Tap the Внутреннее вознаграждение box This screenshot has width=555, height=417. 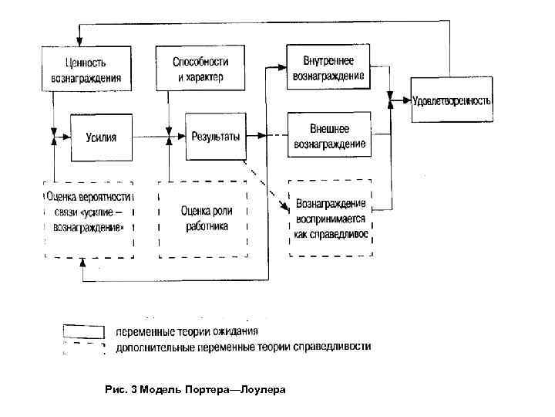click(328, 69)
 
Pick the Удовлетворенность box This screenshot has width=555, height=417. click(452, 100)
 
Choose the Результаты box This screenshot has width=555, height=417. click(215, 137)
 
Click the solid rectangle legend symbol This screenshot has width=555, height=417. click(83, 331)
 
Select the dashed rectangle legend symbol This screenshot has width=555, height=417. click(83, 348)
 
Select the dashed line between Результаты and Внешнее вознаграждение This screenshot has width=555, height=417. click(266, 137)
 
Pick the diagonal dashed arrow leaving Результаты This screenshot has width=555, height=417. click(266, 185)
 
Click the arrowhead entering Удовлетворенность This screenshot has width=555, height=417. click(406, 100)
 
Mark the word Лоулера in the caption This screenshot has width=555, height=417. click(263, 390)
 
